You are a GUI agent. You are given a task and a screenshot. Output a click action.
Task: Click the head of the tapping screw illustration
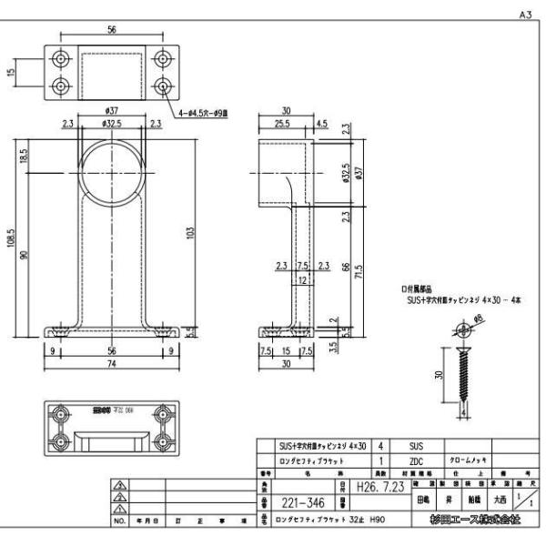click(460, 329)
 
